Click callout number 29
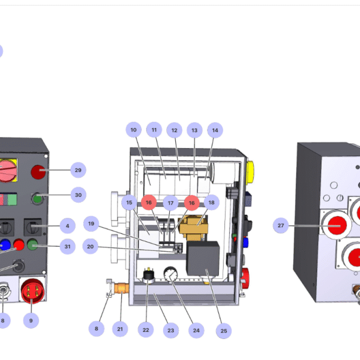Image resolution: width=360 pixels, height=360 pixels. point(78,170)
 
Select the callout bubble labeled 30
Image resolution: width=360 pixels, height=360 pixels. point(78,194)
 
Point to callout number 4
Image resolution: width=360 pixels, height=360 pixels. point(67,226)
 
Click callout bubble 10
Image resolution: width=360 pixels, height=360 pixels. point(134,129)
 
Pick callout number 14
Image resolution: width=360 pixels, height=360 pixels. point(214,129)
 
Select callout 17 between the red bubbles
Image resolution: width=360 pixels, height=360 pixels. point(170,203)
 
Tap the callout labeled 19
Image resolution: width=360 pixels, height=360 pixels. point(91,224)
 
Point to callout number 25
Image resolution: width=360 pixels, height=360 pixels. point(223,330)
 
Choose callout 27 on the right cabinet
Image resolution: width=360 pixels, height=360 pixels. point(280,226)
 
